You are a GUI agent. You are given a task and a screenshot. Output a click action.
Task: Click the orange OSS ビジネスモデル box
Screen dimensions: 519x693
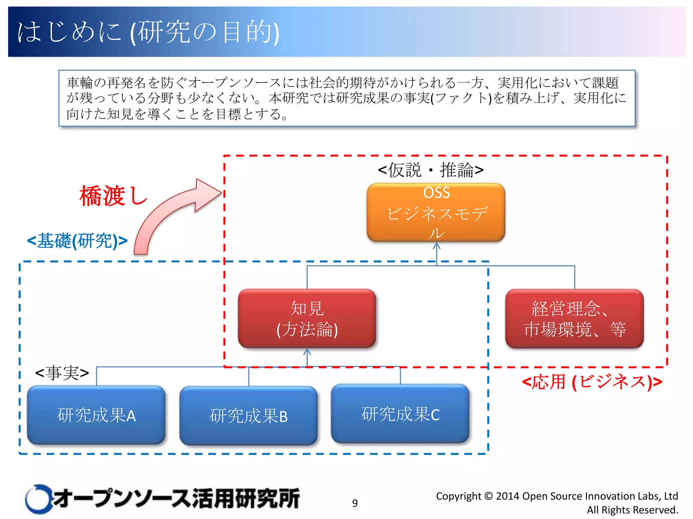click(x=436, y=212)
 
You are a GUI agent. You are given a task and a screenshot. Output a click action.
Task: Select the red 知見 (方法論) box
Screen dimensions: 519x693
click(x=307, y=318)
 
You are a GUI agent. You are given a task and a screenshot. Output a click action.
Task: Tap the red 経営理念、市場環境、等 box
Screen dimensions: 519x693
click(x=574, y=318)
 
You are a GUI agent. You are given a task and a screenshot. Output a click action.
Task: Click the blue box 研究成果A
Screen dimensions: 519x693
click(x=96, y=415)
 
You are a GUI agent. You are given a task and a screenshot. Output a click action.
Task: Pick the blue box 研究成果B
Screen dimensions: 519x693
click(x=248, y=416)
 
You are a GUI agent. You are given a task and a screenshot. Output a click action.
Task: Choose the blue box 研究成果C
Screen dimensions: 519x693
click(x=400, y=414)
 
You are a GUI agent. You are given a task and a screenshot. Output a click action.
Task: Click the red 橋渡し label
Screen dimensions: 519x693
click(x=113, y=196)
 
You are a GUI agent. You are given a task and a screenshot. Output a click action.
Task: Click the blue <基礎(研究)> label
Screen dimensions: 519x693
click(x=77, y=241)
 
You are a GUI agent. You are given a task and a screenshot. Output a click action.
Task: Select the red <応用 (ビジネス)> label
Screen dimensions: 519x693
click(x=592, y=382)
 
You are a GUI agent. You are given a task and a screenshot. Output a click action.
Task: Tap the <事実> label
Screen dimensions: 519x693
click(x=62, y=373)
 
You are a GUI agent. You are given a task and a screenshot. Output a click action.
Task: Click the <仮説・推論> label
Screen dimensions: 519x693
click(x=430, y=170)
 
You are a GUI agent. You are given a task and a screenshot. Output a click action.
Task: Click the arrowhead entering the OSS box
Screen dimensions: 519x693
click(x=437, y=246)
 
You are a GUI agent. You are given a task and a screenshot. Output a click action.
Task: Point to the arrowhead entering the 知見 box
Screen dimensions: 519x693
click(x=307, y=352)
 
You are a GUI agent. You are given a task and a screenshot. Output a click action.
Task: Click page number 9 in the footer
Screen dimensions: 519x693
click(x=355, y=503)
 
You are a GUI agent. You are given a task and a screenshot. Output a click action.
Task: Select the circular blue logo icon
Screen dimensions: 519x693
click(x=38, y=499)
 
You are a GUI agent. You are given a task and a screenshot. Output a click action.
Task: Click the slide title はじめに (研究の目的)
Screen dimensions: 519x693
click(x=148, y=32)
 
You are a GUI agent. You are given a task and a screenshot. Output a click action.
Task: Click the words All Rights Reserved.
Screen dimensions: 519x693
click(x=632, y=510)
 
